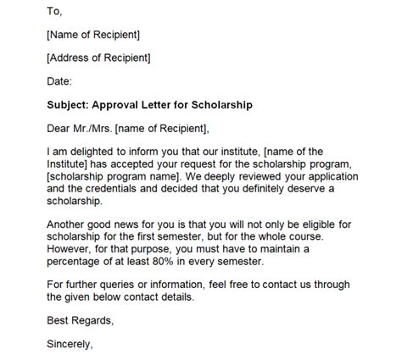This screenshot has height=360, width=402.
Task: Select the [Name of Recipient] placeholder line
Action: [93, 35]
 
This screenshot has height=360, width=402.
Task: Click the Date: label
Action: [60, 82]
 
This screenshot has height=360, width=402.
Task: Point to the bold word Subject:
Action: [71, 105]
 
